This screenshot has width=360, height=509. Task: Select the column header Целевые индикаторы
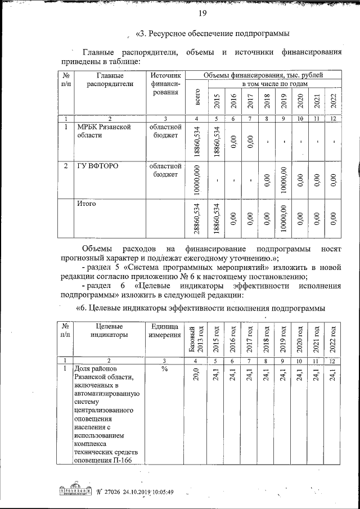[x=109, y=330]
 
